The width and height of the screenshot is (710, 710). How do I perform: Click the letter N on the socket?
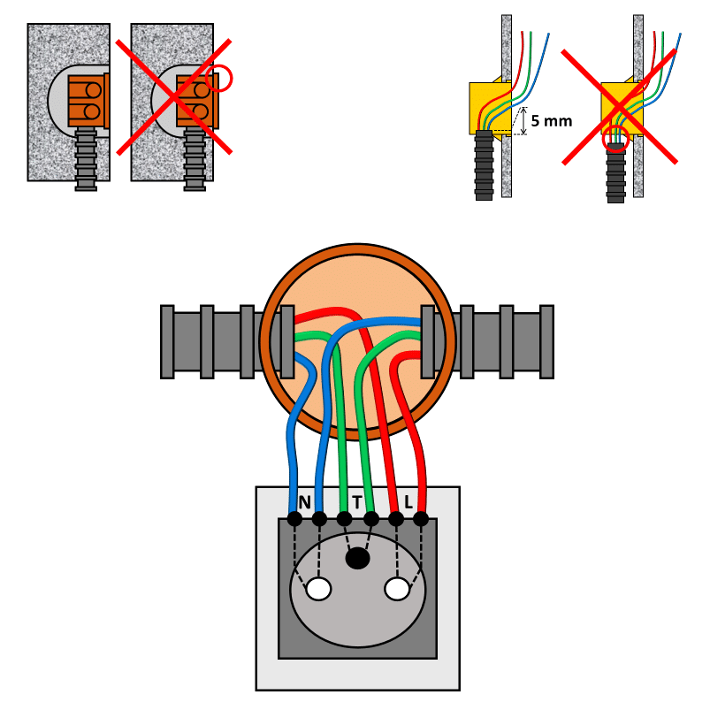305,502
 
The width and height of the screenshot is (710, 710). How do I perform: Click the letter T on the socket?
357,502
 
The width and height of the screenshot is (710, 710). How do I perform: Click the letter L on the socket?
408,502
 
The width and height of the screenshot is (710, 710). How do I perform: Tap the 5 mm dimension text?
551,121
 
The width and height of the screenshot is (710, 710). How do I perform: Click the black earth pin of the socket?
358,558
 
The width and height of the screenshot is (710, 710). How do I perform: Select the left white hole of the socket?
318,589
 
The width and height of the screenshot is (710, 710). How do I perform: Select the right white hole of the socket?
397,589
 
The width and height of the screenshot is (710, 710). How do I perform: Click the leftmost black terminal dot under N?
294,519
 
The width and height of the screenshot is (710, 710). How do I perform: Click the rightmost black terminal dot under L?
421,519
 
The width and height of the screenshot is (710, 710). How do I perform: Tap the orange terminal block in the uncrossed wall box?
88,101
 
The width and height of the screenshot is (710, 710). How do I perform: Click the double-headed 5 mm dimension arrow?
524,121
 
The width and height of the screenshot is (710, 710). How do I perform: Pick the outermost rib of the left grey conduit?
167,342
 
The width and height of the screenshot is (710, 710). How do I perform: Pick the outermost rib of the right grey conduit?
547,342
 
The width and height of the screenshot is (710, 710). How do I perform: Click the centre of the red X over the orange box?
174,97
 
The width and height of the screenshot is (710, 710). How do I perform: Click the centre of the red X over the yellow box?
620,107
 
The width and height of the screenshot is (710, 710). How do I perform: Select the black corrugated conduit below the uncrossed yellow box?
484,165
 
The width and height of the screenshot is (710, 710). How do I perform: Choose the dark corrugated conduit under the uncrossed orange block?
86,159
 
